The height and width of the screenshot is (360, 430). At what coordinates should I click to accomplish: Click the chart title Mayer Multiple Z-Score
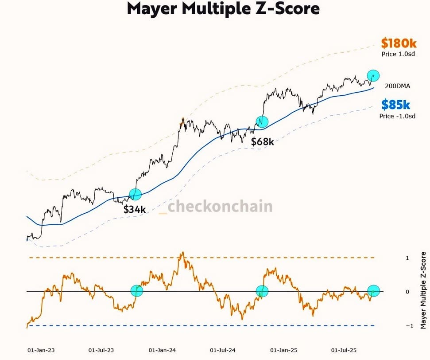pos(223,9)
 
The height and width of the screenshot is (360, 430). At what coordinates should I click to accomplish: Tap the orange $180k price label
pos(399,43)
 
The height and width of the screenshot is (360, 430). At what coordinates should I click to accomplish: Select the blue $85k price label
pos(396,105)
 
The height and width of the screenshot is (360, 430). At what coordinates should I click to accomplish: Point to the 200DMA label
pos(398,86)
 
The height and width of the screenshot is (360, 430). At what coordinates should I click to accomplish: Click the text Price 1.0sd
pos(398,54)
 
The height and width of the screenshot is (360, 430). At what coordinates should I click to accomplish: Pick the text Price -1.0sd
pos(397,116)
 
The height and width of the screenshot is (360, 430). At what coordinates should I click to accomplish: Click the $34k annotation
pos(135,209)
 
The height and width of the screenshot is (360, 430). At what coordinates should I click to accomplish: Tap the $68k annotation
pos(263,142)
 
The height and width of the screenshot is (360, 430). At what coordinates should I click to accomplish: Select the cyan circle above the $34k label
pos(135,194)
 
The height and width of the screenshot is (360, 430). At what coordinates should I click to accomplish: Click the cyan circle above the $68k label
pos(262,121)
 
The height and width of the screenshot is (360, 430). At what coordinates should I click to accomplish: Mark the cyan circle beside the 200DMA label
pos(374,75)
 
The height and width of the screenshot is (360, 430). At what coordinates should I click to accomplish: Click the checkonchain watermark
pos(216,206)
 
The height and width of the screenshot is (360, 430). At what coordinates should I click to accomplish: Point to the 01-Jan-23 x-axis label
pos(41,350)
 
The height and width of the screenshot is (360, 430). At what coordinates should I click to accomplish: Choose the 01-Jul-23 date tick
pos(101,350)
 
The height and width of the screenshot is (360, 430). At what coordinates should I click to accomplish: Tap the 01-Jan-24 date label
pos(163,350)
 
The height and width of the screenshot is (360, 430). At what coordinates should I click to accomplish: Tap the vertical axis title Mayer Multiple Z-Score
pos(423,290)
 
